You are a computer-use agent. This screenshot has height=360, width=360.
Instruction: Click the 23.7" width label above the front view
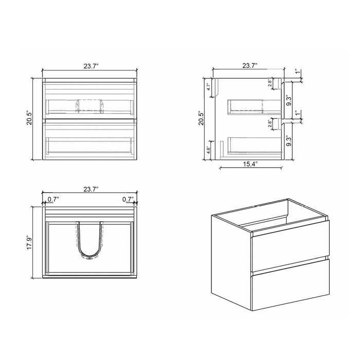(90, 65)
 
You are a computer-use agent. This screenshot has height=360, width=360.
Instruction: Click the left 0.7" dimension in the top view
(52, 199)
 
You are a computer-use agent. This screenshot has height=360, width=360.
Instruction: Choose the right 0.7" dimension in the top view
(128, 199)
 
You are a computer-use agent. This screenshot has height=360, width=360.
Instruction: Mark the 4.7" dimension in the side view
(209, 86)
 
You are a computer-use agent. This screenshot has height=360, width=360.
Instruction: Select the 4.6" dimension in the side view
(209, 151)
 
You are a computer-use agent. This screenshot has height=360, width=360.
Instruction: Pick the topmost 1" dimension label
(297, 73)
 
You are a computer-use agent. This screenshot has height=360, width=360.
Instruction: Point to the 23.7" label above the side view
(249, 65)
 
